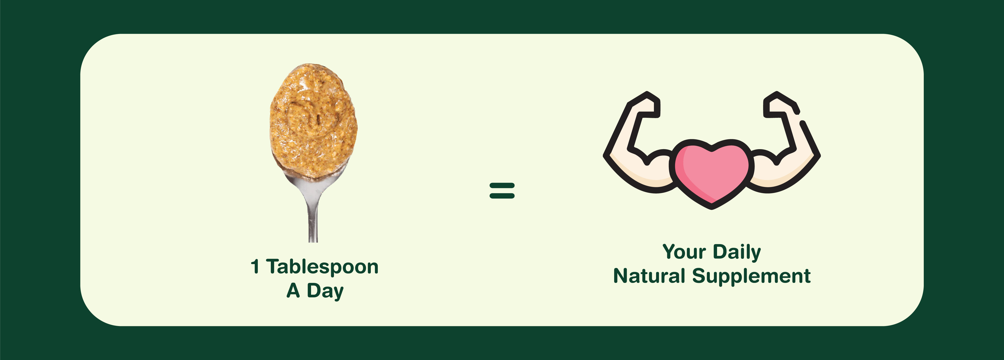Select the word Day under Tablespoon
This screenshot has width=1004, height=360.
(x=325, y=291)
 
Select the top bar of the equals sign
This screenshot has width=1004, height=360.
(x=502, y=186)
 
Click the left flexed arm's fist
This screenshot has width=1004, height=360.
(x=645, y=104)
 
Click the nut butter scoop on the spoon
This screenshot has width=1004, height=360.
(x=314, y=121)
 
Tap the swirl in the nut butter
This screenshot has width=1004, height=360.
(x=310, y=117)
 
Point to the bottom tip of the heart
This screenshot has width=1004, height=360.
(x=712, y=208)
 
